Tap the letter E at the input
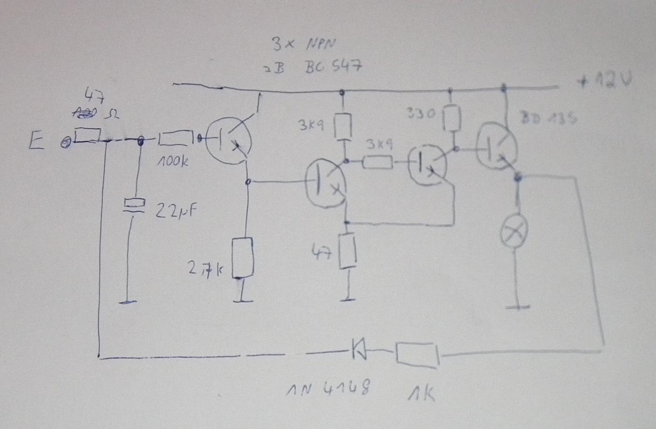pos(36,141)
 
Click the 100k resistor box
pos(176,139)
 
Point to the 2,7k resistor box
pos(243,258)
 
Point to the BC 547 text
pos(333,67)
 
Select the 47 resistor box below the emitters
pos(347,251)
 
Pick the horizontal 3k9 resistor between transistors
pos(378,163)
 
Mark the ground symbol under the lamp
pos(518,307)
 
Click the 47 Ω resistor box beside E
pos(88,135)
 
